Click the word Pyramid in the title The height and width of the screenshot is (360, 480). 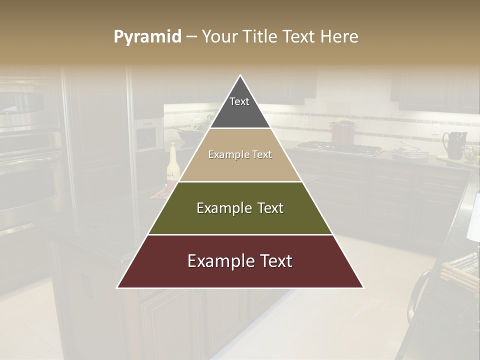pyautogui.click(x=147, y=37)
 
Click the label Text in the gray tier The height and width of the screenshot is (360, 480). pyautogui.click(x=239, y=101)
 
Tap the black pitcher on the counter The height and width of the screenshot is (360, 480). pyautogui.click(x=455, y=144)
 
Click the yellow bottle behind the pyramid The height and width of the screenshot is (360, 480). pyautogui.click(x=173, y=162)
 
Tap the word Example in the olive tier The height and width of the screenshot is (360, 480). pyautogui.click(x=217, y=208)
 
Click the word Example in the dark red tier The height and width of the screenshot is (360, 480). pyautogui.click(x=215, y=261)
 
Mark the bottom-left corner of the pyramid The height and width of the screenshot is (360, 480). pyautogui.click(x=117, y=287)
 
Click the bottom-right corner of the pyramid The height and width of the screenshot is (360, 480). pyautogui.click(x=363, y=287)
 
